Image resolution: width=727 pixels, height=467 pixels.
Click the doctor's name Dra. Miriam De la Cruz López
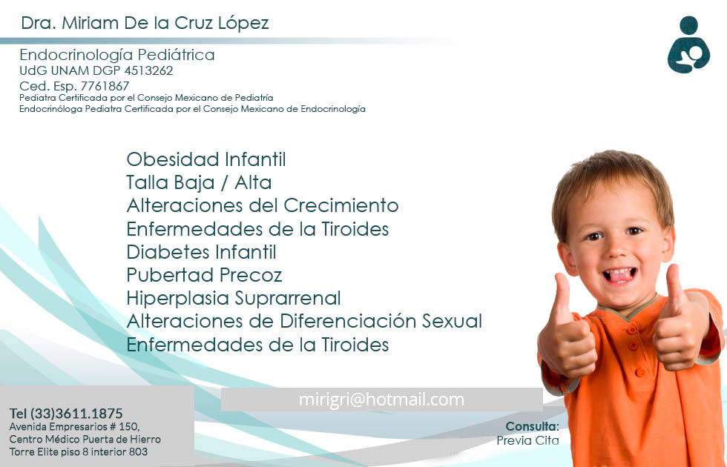pos(145,23)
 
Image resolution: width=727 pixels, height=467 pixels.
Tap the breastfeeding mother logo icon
pos(688,46)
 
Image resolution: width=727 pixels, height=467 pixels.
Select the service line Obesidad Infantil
pos(206,159)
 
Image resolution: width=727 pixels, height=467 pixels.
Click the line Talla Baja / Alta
pos(199,182)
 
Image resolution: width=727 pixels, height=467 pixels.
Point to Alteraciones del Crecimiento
pos(263,205)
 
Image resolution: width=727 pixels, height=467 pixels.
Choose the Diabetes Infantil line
pos(201,252)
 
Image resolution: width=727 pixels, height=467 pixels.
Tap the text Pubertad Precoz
pos(204,275)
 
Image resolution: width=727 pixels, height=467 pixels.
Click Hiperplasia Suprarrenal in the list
pos(234,298)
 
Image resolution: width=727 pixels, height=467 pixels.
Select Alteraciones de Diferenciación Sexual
pos(304,321)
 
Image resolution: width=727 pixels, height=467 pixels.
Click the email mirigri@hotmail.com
pos(381,400)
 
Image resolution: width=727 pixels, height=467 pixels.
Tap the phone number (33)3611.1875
pos(76,413)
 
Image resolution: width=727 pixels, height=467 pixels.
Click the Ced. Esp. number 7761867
pos(105,86)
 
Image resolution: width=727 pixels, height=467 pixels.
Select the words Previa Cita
pos(527,440)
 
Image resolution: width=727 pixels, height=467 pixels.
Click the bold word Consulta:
pos(532,426)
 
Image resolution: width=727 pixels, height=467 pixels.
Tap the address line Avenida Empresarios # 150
pos(74,427)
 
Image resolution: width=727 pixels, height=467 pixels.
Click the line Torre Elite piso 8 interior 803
pos(78,451)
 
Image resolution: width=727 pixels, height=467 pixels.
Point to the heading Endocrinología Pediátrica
pos(117,55)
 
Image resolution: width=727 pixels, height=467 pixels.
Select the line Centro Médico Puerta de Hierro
pos(85,439)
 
